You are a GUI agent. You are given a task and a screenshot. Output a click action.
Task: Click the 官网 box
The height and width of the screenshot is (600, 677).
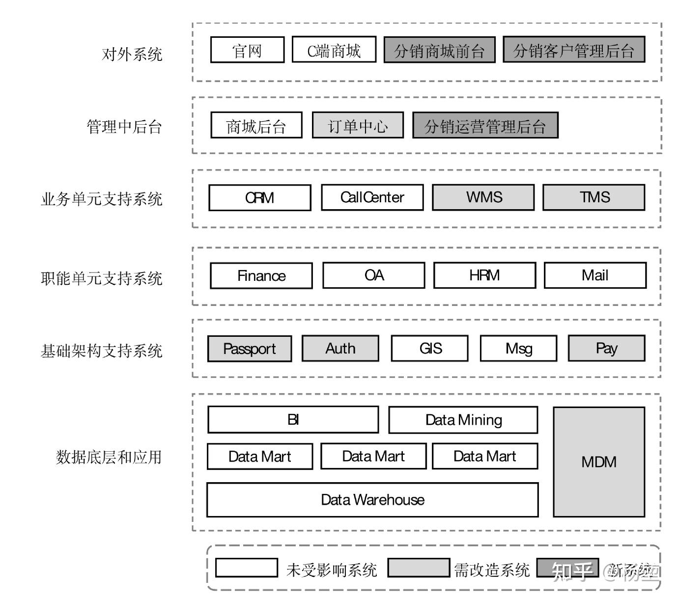tap(247, 50)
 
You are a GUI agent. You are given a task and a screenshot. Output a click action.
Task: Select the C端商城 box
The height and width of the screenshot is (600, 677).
tap(334, 50)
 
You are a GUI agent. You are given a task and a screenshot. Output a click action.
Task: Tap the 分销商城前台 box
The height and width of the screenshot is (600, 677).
tap(439, 50)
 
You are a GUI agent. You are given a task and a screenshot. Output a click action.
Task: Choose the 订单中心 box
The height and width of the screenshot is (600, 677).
tap(358, 126)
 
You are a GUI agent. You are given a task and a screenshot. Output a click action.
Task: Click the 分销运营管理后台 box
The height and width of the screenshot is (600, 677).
tap(485, 126)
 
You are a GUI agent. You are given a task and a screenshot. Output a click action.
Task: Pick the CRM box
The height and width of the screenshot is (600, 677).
tap(259, 197)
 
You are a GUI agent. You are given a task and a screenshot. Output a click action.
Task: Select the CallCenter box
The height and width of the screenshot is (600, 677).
tap(372, 197)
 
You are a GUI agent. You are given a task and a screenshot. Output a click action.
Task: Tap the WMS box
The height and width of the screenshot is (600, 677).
tap(483, 197)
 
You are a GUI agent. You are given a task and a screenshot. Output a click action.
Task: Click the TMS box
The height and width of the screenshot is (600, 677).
tap(593, 197)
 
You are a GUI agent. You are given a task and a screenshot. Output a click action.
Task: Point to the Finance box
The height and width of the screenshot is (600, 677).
tap(261, 275)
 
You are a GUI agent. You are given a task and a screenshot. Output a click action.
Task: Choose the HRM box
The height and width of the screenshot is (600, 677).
tap(484, 275)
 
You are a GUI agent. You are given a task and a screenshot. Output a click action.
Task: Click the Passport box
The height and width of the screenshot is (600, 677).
tap(249, 349)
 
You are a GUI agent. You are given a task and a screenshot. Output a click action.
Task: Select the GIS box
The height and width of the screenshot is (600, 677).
tap(430, 349)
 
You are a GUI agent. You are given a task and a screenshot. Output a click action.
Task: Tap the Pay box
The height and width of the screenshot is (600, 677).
tap(606, 349)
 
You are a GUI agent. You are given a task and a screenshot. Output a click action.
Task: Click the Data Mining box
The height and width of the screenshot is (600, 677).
tap(463, 420)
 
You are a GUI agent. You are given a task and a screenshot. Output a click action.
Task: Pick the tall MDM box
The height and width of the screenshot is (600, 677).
tap(598, 462)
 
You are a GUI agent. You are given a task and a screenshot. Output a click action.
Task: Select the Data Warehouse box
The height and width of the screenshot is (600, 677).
tap(372, 500)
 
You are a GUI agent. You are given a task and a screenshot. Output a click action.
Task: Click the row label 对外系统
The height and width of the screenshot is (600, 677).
tap(132, 54)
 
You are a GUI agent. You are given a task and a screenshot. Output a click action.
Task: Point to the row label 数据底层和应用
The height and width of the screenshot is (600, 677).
tap(109, 457)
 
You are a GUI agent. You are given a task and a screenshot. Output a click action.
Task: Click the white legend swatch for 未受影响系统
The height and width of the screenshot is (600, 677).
tap(247, 568)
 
